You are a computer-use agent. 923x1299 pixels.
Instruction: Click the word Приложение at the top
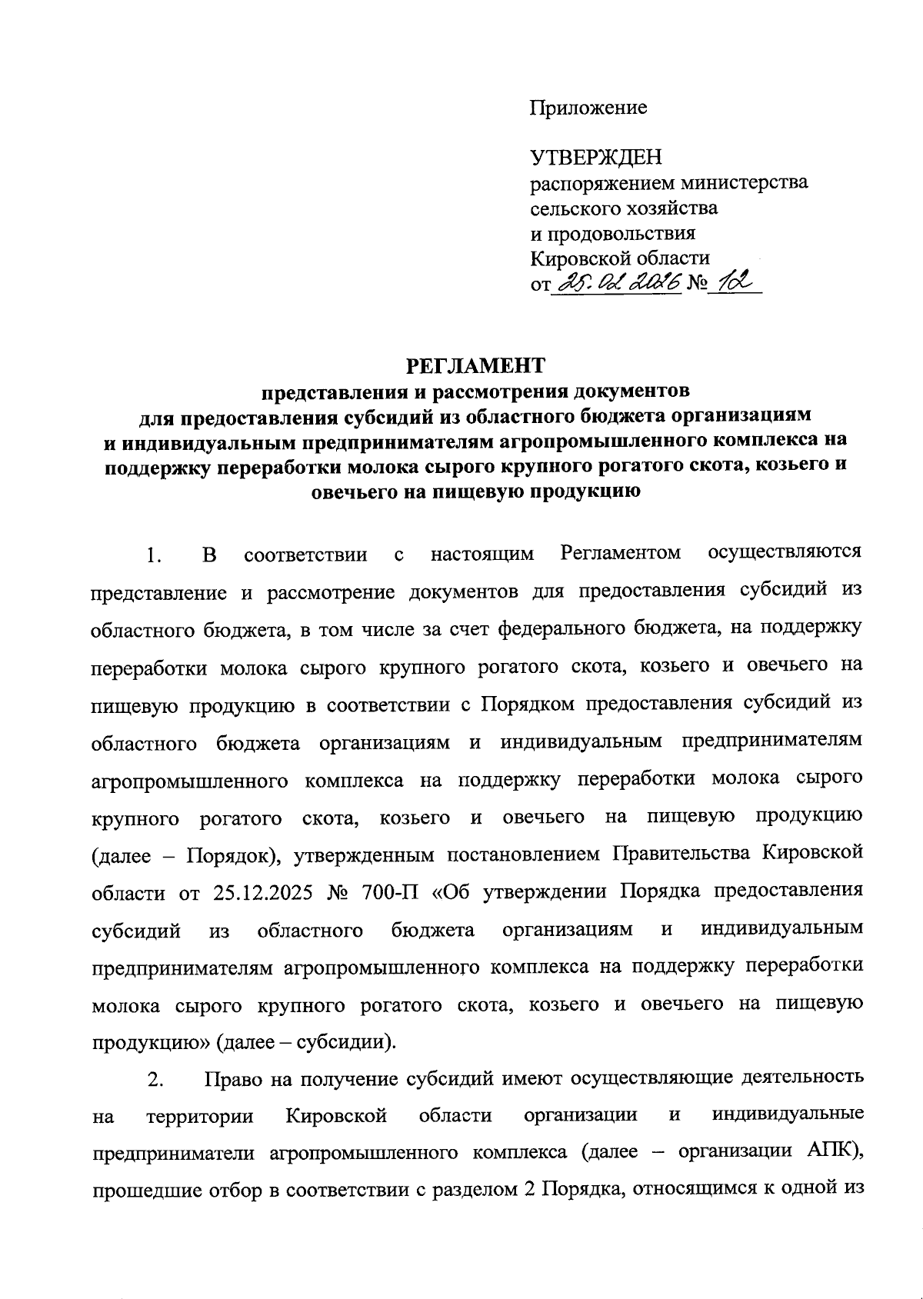coord(588,107)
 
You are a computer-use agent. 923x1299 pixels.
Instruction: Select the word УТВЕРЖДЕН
coord(596,158)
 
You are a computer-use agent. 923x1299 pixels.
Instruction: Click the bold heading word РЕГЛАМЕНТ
coord(475,363)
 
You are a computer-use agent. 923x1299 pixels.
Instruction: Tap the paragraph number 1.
coord(154,555)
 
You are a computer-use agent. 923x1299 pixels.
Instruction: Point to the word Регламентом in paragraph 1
coord(621,554)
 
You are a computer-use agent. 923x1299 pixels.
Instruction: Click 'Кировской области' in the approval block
coord(620,258)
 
